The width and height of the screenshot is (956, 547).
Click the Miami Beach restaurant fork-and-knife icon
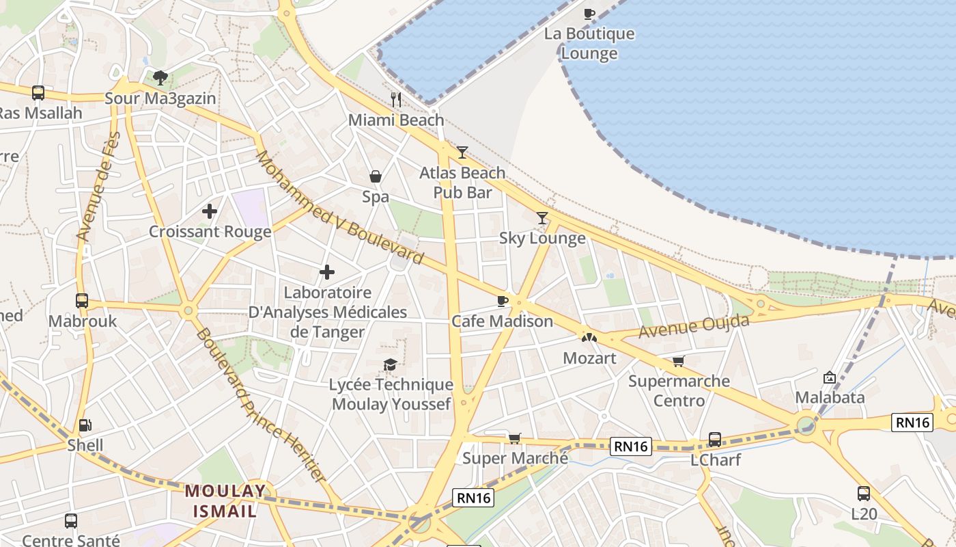pyautogui.click(x=396, y=100)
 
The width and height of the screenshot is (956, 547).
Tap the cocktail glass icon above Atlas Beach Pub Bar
pyautogui.click(x=463, y=152)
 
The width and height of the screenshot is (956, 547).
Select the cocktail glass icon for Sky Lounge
pyautogui.click(x=542, y=218)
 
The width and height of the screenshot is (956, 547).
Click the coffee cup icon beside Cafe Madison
pyautogui.click(x=503, y=301)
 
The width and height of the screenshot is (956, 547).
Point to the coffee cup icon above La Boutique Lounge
pyautogui.click(x=589, y=14)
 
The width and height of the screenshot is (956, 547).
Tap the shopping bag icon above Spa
pyautogui.click(x=376, y=177)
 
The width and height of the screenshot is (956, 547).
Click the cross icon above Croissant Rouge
pyautogui.click(x=210, y=211)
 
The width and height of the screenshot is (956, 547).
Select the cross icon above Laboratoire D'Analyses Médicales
pyautogui.click(x=327, y=272)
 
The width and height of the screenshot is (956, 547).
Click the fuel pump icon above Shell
pyautogui.click(x=85, y=425)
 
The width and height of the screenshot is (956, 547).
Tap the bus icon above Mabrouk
pyautogui.click(x=82, y=300)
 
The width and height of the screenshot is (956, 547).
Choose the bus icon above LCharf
pyautogui.click(x=715, y=439)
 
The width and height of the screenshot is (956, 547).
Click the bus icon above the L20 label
pyautogui.click(x=864, y=493)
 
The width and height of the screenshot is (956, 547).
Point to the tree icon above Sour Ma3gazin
pyautogui.click(x=160, y=77)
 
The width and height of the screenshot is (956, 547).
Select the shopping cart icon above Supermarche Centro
pyautogui.click(x=678, y=361)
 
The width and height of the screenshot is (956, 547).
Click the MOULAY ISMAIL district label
pyautogui.click(x=225, y=501)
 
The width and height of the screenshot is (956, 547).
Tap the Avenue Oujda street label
pyautogui.click(x=694, y=326)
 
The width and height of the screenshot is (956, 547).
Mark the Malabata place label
pyautogui.click(x=830, y=397)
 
